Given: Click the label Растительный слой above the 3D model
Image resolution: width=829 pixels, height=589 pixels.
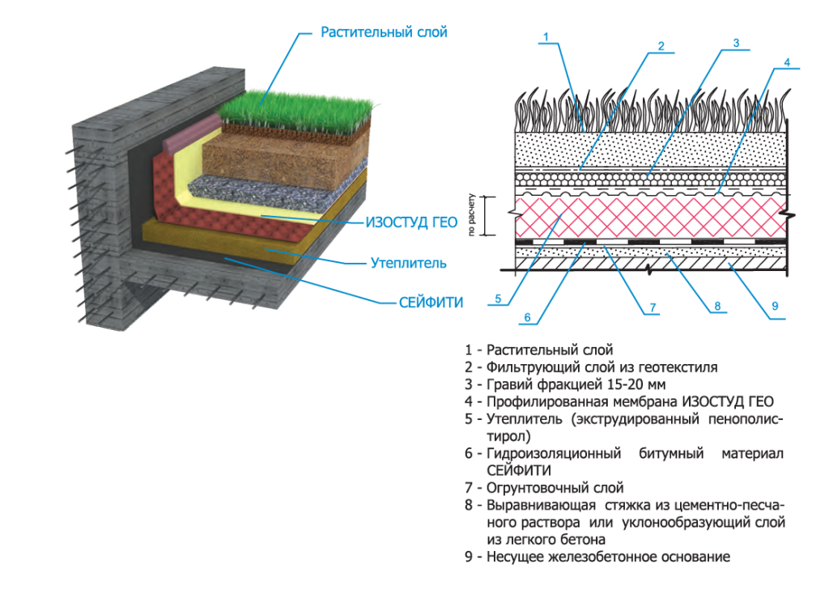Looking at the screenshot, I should tap(384, 32).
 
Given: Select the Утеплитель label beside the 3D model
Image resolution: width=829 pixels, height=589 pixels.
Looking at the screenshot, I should tap(408, 263).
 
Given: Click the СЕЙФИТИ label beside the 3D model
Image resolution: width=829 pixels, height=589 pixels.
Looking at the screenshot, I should tap(432, 303).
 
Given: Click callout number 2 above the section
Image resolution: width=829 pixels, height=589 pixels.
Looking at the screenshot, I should tap(661, 46).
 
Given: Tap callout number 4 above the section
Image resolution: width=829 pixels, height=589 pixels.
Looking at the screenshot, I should tap(787, 61).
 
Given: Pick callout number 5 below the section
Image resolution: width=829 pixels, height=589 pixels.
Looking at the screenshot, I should tap(499, 299).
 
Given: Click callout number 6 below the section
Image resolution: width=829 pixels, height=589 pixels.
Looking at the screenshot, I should tap(527, 317).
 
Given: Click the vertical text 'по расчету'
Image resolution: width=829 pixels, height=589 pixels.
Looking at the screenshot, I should tap(471, 216).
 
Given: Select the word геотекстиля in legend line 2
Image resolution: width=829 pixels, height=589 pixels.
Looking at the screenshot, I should tap(679, 367).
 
